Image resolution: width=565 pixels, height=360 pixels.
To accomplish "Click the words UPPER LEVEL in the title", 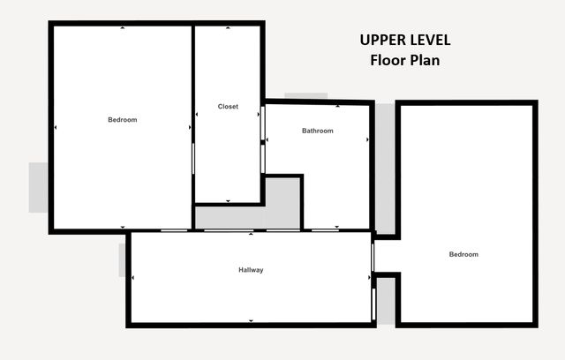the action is [x=405, y=40].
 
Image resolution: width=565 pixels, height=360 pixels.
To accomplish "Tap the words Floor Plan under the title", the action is [x=405, y=60].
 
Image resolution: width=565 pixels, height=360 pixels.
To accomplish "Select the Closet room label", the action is [x=228, y=107].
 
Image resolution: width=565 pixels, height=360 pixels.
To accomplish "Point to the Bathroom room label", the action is [x=318, y=131].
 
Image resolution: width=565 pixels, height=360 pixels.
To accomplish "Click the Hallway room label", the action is [x=251, y=270].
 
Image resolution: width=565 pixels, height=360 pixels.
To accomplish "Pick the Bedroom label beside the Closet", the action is [x=123, y=120].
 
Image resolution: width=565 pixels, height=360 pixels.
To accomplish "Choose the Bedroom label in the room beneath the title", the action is [x=463, y=254].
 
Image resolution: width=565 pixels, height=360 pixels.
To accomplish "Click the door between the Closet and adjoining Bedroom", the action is [x=193, y=159].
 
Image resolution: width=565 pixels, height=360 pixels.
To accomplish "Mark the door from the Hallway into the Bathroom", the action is [x=325, y=230].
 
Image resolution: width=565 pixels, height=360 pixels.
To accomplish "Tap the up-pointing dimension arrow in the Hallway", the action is [x=251, y=234].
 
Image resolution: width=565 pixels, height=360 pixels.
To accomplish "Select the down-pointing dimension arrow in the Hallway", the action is [x=251, y=321].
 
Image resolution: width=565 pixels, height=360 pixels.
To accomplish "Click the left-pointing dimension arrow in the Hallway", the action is [x=133, y=278].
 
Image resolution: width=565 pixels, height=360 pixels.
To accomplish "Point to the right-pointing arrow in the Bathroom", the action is [x=367, y=139].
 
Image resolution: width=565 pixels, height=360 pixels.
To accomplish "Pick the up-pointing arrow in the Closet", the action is [x=228, y=27].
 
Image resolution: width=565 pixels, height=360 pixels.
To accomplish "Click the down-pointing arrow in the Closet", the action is [x=228, y=201].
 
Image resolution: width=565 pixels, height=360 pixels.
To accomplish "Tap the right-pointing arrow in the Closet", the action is [x=259, y=115].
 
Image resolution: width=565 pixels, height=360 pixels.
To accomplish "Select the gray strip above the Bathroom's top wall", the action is [x=306, y=96].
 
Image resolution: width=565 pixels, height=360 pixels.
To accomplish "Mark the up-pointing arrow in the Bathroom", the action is [x=337, y=106].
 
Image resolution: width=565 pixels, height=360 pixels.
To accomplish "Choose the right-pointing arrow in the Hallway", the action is [x=369, y=278].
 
